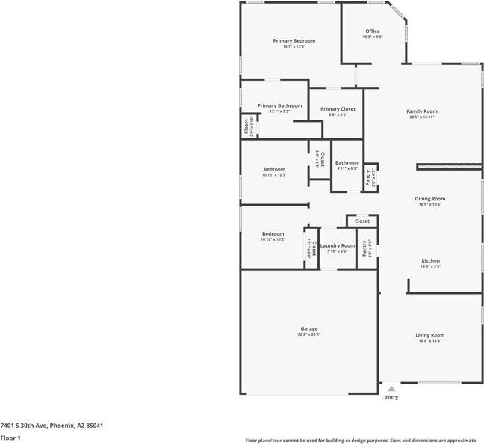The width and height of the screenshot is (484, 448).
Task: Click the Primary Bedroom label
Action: [x=294, y=40]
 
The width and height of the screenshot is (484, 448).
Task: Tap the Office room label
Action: [x=372, y=31]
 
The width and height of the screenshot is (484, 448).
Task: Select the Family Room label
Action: [x=421, y=111]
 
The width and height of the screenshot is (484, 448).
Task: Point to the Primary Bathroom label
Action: [x=279, y=106]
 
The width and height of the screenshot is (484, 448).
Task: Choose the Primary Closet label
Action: [x=338, y=109]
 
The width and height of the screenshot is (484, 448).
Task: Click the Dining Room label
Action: [x=429, y=199]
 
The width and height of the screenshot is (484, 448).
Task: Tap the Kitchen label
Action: [x=430, y=261]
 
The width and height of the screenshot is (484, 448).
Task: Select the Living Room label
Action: [x=429, y=335]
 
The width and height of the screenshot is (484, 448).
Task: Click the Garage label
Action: [x=309, y=329]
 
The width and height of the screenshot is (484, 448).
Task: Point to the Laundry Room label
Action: [x=338, y=246]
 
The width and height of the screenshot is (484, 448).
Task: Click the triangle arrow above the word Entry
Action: [x=391, y=389]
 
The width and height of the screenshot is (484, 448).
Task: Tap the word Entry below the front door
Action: [x=391, y=398]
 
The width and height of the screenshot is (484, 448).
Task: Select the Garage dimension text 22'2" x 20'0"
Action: [x=309, y=335]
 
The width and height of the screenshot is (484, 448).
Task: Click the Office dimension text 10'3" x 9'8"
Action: [x=372, y=37]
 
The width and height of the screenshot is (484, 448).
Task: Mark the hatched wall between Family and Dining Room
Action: [x=449, y=166]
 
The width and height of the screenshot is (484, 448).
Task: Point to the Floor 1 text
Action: [x=10, y=438]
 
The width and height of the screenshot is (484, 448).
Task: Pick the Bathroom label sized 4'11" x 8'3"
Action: [x=347, y=163]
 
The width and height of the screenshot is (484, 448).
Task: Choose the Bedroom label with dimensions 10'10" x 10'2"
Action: [x=273, y=234]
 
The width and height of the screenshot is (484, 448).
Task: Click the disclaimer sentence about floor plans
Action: [x=361, y=441]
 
